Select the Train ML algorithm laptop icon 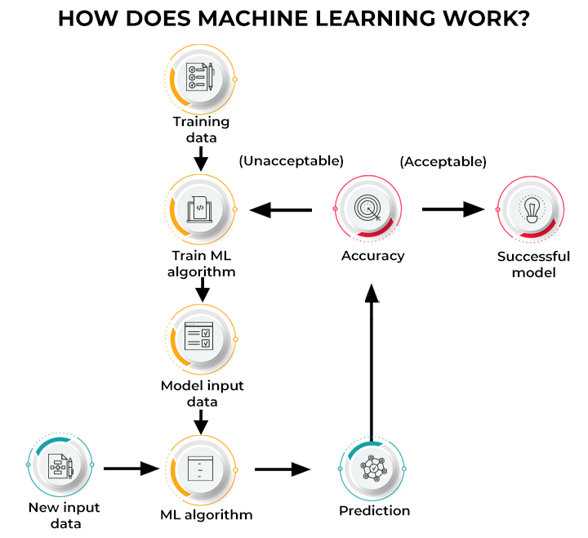pos(200,209)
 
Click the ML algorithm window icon pos(200,469)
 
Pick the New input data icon pos(60,465)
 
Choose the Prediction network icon pos(372,469)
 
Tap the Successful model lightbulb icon pos(529,209)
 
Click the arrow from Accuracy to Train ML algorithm pos(282,211)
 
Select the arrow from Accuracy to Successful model pos(453,209)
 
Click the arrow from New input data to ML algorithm pos(131,469)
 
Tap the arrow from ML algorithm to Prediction pos(283,469)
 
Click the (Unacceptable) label pos(291,161)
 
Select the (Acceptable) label pos(443,162)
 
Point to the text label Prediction pos(374,511)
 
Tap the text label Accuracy pos(372,256)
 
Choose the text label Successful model pos(533,264)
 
